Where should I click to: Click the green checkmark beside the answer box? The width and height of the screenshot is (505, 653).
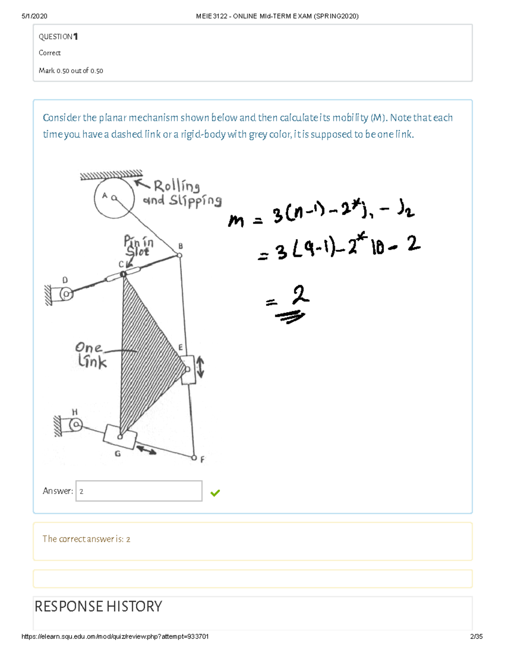point(215,493)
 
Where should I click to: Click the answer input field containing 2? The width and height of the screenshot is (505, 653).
point(139,491)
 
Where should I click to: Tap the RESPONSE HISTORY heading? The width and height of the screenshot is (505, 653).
point(98,606)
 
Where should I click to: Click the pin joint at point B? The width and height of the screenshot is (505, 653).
point(179,255)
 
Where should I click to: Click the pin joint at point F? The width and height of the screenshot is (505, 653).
point(194,457)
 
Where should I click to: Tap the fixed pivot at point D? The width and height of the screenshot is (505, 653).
point(66,293)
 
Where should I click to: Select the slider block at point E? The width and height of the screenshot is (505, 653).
point(188,370)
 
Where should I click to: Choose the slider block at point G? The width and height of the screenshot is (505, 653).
point(120,437)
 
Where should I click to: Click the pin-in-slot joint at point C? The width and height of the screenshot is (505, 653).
point(123,275)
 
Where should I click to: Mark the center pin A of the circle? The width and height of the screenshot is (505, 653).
point(114,198)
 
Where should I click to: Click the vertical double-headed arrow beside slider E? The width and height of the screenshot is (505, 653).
point(201,367)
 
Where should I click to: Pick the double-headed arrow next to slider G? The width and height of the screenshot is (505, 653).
point(146,450)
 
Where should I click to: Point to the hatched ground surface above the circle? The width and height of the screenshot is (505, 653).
point(111,175)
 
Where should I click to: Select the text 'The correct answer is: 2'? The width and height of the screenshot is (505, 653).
point(86,539)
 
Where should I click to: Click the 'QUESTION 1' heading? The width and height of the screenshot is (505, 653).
point(58,37)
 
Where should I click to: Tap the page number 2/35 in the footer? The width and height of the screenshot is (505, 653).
point(476,637)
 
